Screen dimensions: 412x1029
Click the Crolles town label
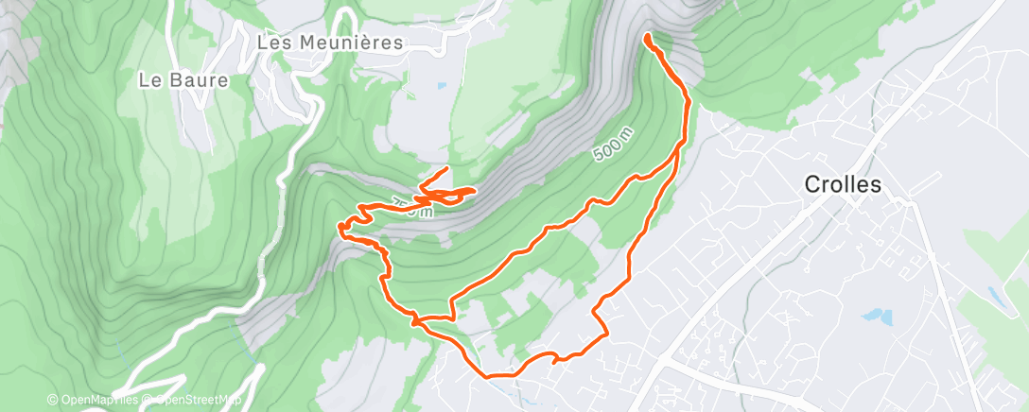[x=842, y=185]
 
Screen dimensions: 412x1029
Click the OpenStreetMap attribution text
[x=193, y=401]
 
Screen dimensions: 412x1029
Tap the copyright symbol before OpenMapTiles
[x=53, y=401]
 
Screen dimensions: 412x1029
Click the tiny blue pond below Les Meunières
[x=442, y=87]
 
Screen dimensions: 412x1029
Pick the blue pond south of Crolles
[x=878, y=316]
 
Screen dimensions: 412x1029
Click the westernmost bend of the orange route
[x=341, y=226]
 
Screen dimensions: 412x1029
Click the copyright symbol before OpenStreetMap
[x=148, y=401]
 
